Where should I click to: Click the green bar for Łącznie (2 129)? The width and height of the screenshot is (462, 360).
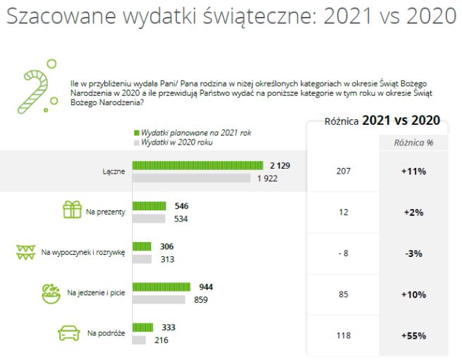(x=198, y=165)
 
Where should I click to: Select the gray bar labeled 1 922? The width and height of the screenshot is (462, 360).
(x=191, y=178)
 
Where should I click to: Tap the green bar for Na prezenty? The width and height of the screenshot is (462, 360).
(x=149, y=206)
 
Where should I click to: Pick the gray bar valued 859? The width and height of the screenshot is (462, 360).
(x=159, y=299)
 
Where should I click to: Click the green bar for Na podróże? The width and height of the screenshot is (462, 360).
(x=143, y=328)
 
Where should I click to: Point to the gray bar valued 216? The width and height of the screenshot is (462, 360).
(x=139, y=340)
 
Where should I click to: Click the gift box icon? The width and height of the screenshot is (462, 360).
(x=73, y=210)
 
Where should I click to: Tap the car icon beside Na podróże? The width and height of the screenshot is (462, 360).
(x=69, y=333)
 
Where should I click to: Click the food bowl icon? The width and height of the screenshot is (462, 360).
(x=50, y=293)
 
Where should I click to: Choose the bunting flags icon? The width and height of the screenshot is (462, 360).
(x=25, y=252)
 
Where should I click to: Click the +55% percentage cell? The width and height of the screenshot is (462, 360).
(x=413, y=336)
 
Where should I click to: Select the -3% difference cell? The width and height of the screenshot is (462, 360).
(x=413, y=253)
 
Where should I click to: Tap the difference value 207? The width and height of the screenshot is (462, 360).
(x=344, y=171)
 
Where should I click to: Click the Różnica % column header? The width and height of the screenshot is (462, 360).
(x=414, y=142)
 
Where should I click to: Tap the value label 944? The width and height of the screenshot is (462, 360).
(x=206, y=287)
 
